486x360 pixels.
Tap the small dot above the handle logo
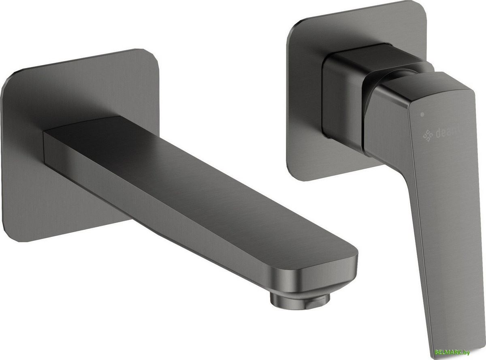pos(423,115)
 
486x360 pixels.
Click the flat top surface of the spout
pos(182,170)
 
